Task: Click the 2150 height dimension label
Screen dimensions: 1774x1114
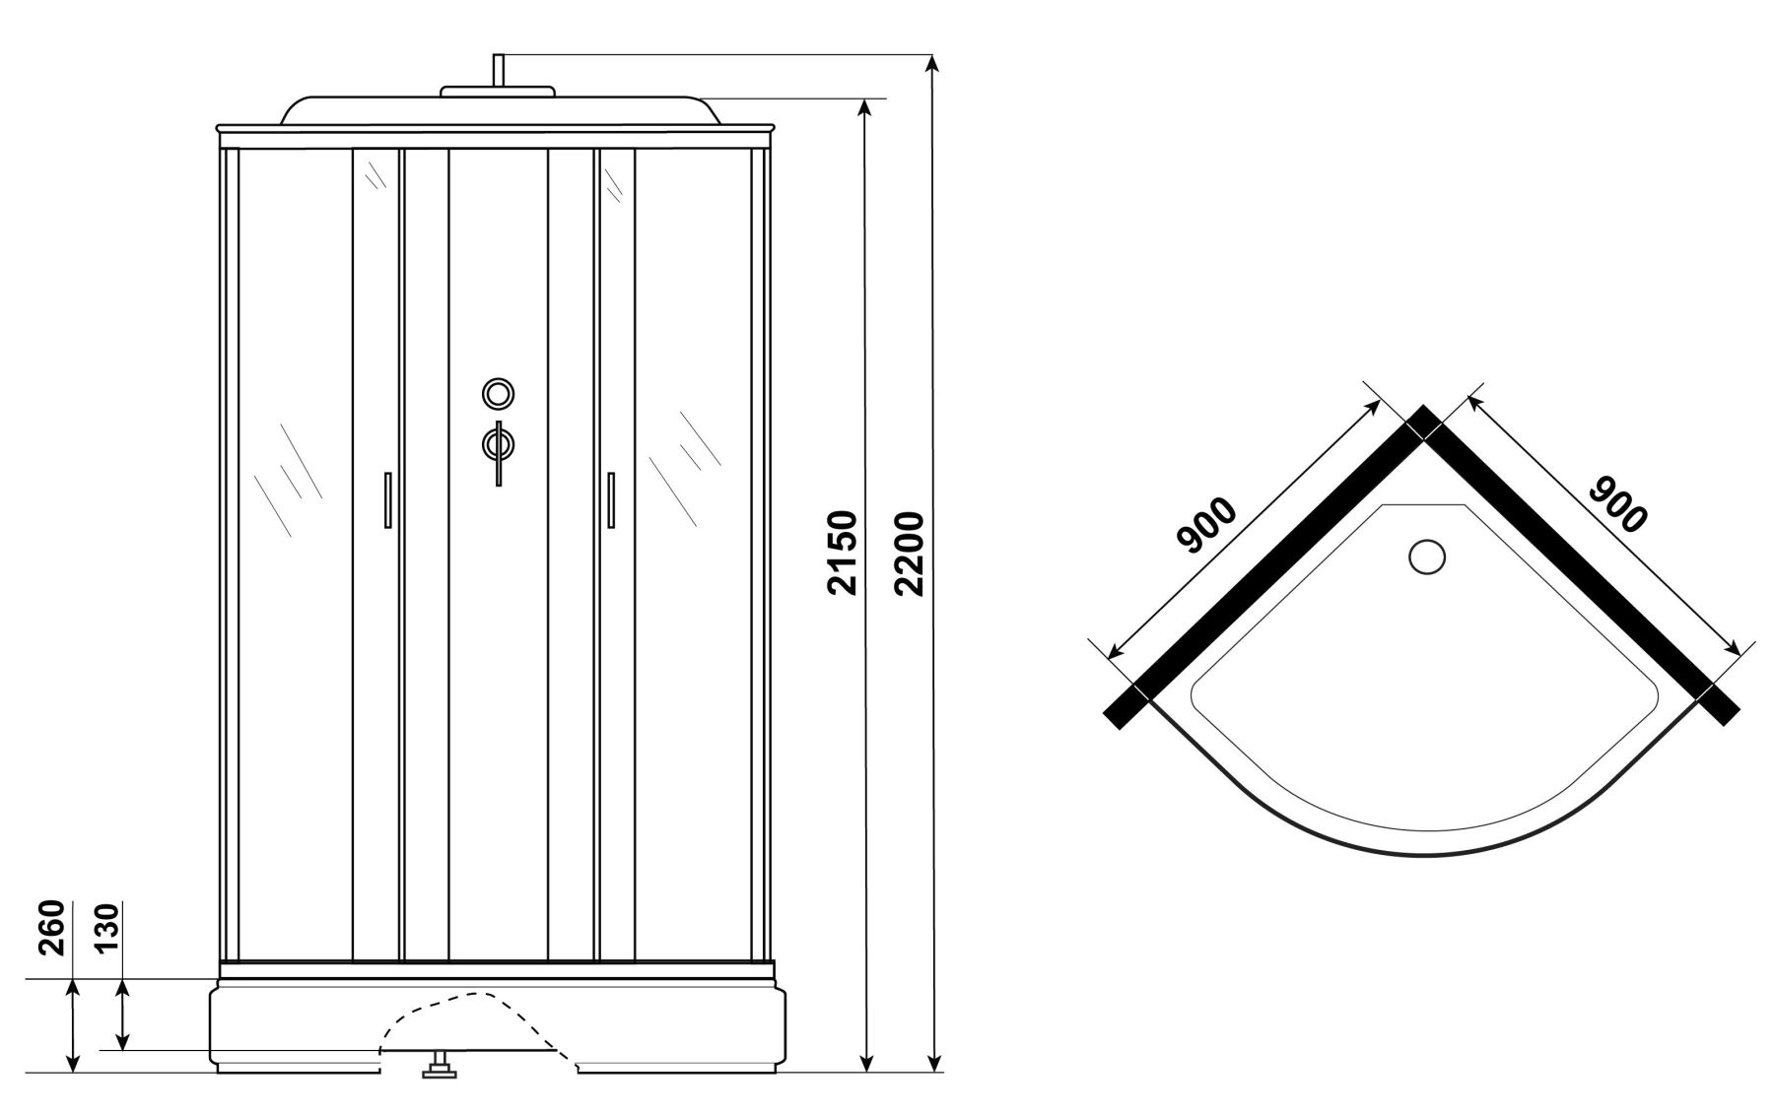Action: [843, 554]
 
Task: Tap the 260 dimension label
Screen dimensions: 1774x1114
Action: [52, 928]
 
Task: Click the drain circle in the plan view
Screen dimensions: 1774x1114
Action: [1426, 557]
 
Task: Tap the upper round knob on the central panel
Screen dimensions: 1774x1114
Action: [498, 393]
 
